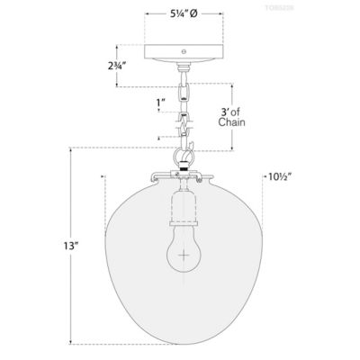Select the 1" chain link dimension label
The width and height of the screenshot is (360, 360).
pyautogui.click(x=159, y=102)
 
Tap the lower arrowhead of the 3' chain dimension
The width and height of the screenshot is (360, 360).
pyautogui.click(x=236, y=147)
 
